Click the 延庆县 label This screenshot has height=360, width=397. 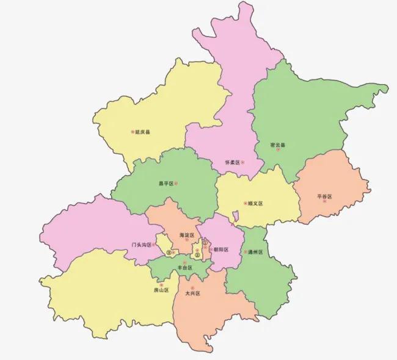tap(144, 131)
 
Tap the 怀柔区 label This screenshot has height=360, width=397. tap(232, 163)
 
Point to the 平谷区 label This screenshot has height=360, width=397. tap(324, 196)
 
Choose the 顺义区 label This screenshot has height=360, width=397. tap(255, 203)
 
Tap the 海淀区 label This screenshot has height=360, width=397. tap(186, 234)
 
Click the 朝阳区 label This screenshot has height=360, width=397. tap(220, 249)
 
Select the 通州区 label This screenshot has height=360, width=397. tap(255, 252)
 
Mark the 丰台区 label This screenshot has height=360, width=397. tap(184, 268)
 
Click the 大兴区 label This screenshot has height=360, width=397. tap(192, 293)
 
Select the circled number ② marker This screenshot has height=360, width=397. tap(197, 255)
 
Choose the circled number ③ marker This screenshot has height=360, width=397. tap(168, 253)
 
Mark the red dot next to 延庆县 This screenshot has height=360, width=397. tap(133, 131)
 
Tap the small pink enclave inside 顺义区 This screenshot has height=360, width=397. tap(236, 215)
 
